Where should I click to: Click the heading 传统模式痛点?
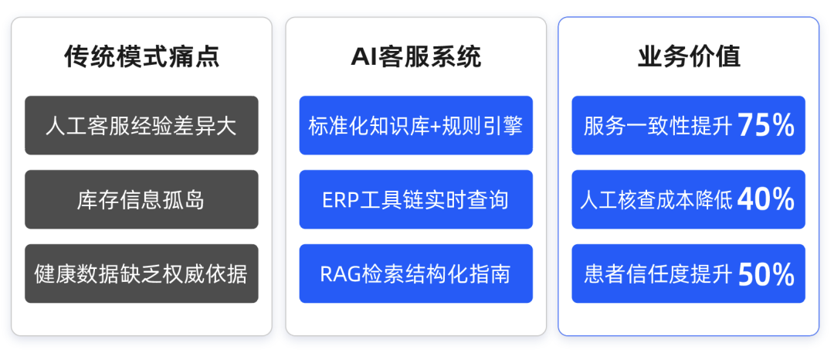click(141, 56)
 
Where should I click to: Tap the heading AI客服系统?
click(416, 56)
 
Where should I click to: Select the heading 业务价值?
click(689, 56)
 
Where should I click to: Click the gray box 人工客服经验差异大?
click(141, 125)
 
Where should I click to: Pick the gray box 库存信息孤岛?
click(141, 199)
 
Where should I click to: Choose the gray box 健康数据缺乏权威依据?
click(141, 273)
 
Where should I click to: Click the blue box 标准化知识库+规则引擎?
click(416, 125)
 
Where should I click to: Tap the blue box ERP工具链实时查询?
click(416, 199)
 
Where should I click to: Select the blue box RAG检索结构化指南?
click(416, 273)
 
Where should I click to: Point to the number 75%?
click(766, 126)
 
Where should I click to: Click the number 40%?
click(766, 200)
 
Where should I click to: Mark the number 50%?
click(766, 274)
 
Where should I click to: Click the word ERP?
click(338, 201)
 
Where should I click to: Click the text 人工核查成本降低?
click(657, 201)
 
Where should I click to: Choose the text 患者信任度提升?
click(658, 274)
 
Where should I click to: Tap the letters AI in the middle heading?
click(364, 57)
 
